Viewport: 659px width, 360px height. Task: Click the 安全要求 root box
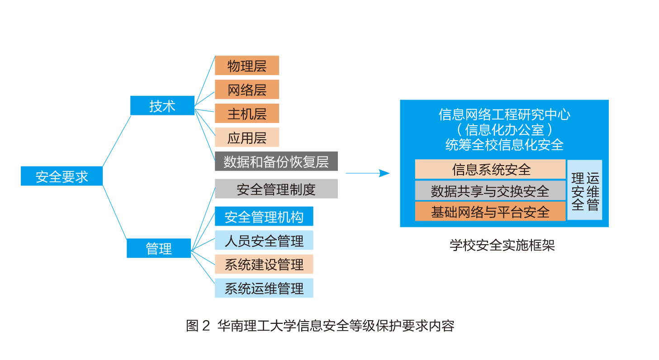[x=62, y=176]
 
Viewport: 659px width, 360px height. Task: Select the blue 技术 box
[x=162, y=106]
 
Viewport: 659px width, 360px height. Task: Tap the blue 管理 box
[x=159, y=248]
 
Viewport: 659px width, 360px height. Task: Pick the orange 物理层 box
[x=247, y=66]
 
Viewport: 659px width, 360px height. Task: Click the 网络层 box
[x=247, y=90]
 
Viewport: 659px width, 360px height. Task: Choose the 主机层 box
[x=247, y=113]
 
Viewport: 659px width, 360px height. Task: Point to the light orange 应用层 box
[x=247, y=137]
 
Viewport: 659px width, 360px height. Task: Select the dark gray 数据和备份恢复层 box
[x=276, y=161]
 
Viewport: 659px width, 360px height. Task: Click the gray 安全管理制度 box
[x=276, y=189]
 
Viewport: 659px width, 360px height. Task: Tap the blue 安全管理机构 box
[x=264, y=217]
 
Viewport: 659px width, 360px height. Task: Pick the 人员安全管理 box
[x=264, y=240]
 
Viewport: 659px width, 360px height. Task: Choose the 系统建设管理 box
[x=264, y=264]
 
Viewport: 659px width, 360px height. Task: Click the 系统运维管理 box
[x=264, y=288]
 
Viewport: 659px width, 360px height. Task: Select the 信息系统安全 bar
[x=490, y=169]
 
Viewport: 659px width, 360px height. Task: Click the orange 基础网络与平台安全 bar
[x=490, y=211]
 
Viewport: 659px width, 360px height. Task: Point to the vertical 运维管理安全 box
[x=585, y=190]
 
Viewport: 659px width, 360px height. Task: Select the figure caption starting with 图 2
[x=320, y=326]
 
